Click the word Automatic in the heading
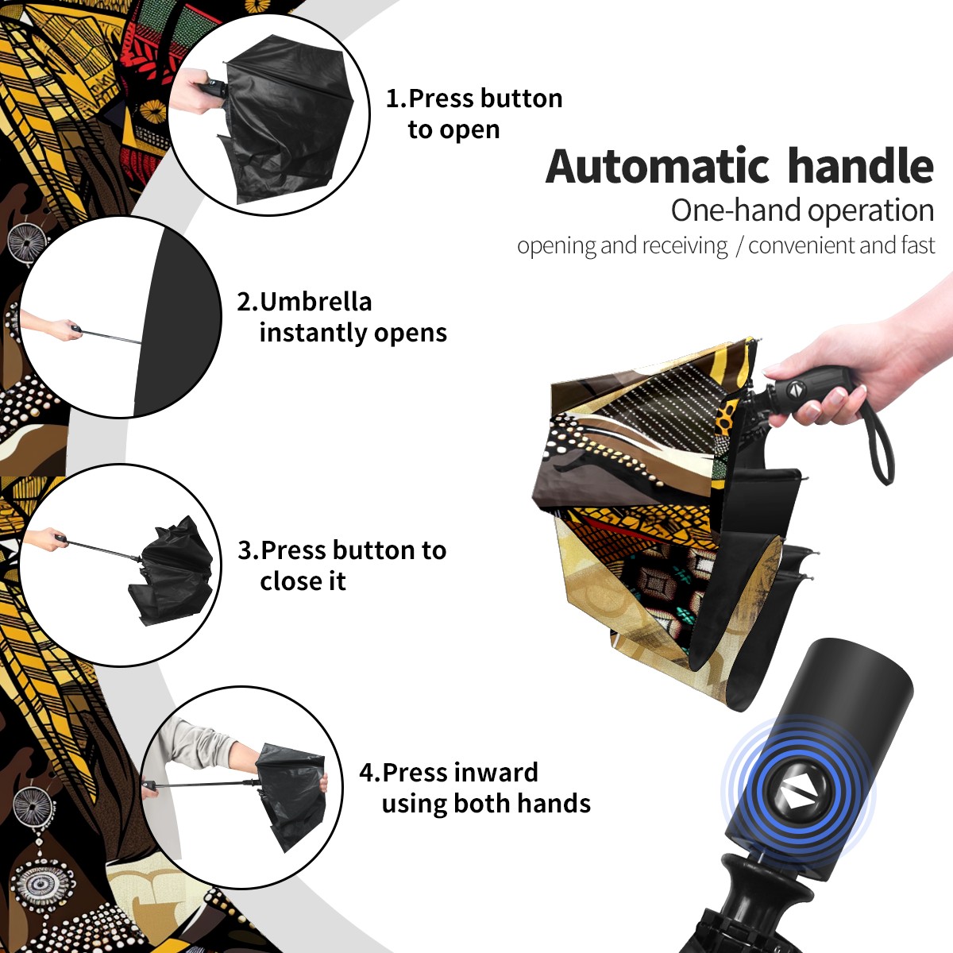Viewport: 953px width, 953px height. pos(658,167)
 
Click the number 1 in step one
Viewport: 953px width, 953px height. pos(392,98)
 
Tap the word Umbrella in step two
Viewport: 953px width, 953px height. pos(315,302)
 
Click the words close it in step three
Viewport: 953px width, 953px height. pos(303,581)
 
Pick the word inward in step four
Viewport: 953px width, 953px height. pos(495,772)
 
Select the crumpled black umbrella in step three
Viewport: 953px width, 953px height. pos(172,572)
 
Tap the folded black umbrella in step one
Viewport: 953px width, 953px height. pos(286,119)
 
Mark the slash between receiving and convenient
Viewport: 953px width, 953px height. pos(739,245)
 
